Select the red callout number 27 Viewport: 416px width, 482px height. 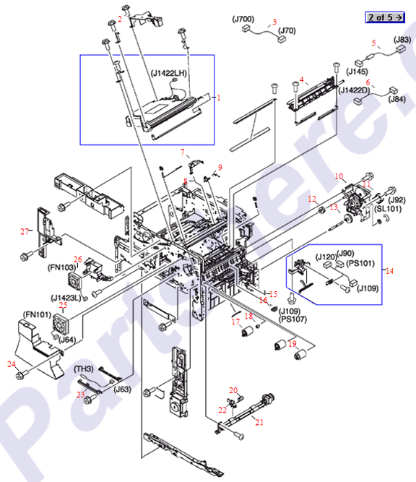pyautogui.click(x=25, y=232)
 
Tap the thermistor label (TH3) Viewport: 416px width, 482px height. pyautogui.click(x=84, y=369)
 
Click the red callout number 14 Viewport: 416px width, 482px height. pyautogui.click(x=390, y=271)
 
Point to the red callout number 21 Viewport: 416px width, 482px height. pyautogui.click(x=259, y=422)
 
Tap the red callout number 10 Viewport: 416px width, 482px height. pyautogui.click(x=337, y=176)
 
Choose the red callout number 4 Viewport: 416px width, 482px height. pyautogui.click(x=302, y=78)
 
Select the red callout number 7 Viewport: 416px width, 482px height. pyautogui.click(x=183, y=152)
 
